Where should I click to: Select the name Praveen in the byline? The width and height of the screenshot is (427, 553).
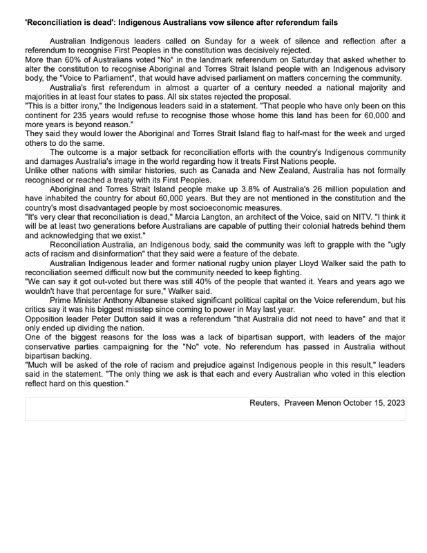[x=303, y=402]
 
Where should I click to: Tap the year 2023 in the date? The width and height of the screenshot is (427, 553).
[x=395, y=402]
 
